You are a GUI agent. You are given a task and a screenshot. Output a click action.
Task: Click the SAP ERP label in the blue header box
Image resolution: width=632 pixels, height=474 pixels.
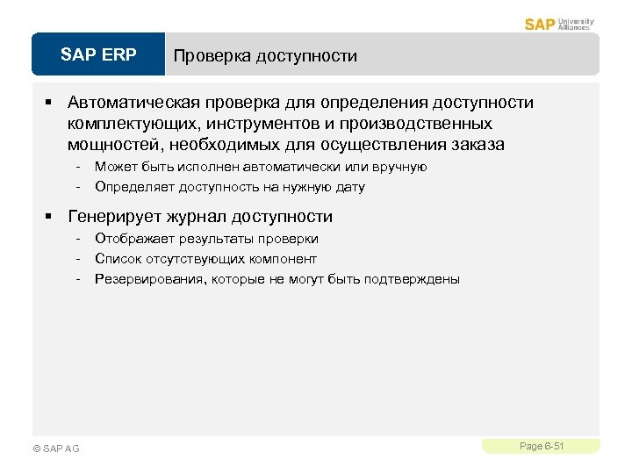coord(98,55)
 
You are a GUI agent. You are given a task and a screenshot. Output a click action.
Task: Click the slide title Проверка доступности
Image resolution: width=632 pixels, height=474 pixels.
coord(265,56)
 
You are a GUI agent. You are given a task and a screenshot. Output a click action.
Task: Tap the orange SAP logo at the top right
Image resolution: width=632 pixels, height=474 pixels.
coord(539,24)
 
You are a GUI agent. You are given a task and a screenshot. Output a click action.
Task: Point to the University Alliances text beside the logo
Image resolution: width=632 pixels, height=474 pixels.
coord(576,24)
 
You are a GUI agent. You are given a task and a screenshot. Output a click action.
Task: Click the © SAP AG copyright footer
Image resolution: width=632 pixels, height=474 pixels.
coord(55,449)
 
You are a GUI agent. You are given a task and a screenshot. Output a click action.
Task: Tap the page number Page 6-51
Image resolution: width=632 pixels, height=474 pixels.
coord(541,447)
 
